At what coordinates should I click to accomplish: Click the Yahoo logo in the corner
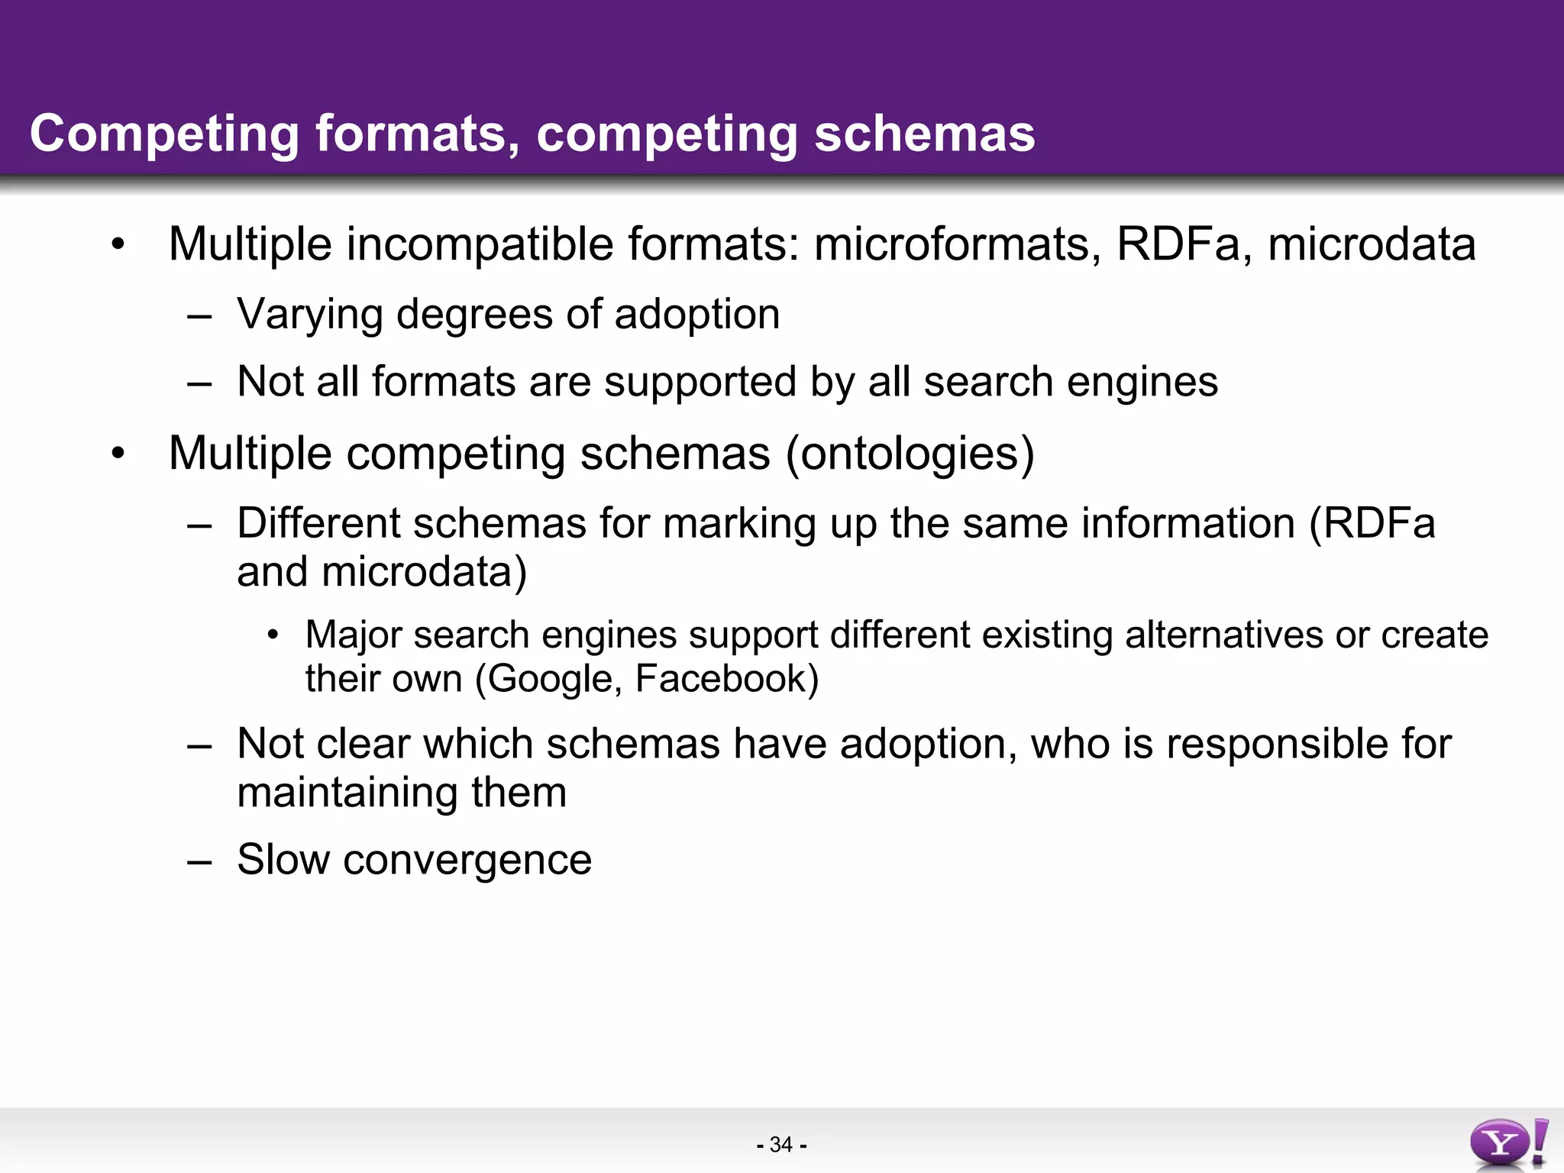pos(1507,1142)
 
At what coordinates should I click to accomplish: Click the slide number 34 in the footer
pos(781,1145)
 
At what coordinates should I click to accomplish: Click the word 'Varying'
pos(309,315)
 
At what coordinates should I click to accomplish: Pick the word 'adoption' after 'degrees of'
pos(696,315)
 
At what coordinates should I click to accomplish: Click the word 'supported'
pos(700,382)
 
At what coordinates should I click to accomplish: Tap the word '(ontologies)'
pos(910,454)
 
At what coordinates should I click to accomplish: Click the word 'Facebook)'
pos(726,679)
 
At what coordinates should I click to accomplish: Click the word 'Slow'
pos(283,860)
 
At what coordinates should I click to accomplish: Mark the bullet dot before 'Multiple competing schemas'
pos(117,454)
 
